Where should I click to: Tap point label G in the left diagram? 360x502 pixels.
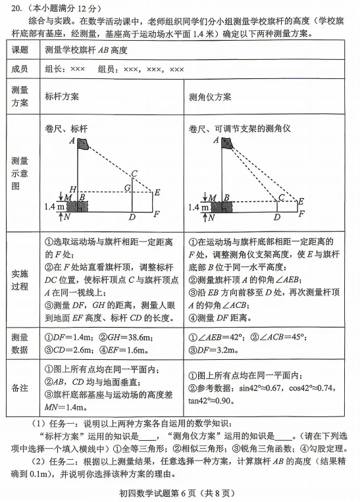tap(128, 188)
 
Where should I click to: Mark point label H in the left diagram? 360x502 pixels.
tap(73, 189)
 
